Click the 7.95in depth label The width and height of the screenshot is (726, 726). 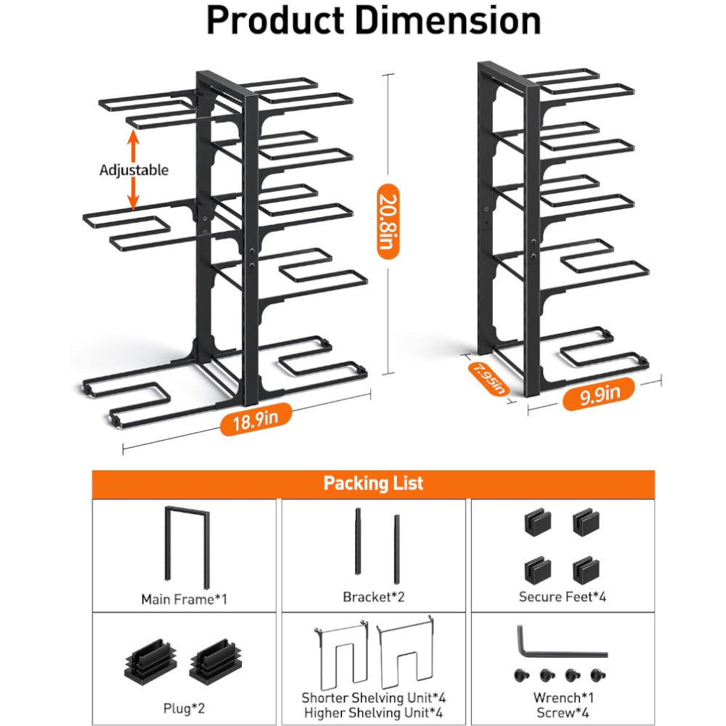[488, 378]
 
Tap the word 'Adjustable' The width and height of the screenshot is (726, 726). [134, 170]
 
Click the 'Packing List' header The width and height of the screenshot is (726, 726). [373, 484]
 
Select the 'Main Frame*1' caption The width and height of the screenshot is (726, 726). [184, 599]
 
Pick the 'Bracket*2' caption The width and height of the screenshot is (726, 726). [373, 597]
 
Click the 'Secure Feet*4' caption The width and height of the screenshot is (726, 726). [562, 597]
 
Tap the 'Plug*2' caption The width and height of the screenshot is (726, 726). [184, 703]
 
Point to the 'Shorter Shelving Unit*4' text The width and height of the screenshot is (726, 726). [374, 698]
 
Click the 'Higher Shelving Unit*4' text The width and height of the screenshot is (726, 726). [374, 712]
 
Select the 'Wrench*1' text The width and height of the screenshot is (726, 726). [562, 698]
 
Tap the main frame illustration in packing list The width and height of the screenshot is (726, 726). [186, 544]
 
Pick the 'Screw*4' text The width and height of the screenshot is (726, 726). [562, 712]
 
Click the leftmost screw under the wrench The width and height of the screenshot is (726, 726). [521, 675]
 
